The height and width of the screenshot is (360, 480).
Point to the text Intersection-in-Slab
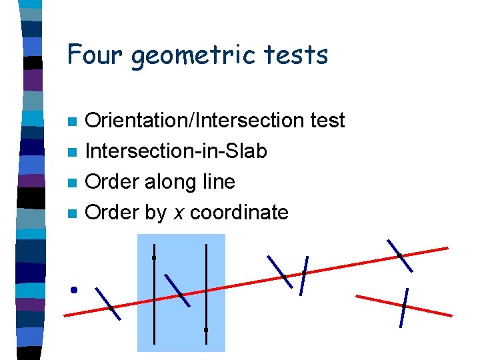pos(177,151)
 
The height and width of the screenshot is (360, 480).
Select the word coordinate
pos(239,213)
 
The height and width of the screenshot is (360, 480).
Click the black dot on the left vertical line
pos(154,257)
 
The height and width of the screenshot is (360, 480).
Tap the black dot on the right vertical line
pos(206,329)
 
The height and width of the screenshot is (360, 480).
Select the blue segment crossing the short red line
pos(403,307)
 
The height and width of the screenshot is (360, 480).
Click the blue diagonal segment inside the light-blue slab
pos(177,290)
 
